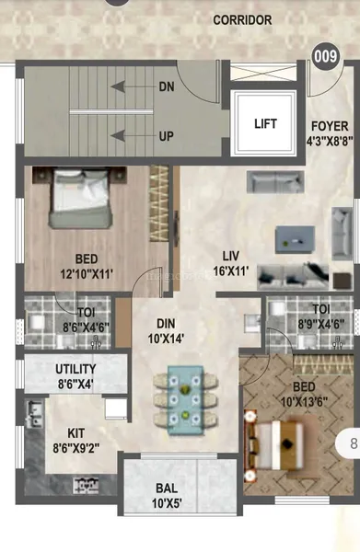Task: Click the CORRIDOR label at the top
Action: [x=242, y=19]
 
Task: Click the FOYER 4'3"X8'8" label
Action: [x=327, y=134]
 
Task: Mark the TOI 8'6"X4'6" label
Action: [x=67, y=317]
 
